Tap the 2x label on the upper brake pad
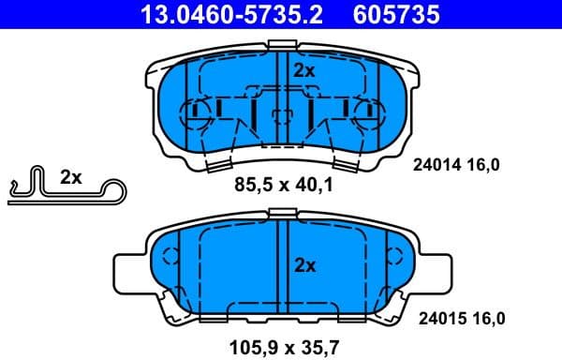click(304, 70)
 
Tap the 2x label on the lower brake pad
click(304, 265)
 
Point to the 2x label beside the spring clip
click(71, 176)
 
